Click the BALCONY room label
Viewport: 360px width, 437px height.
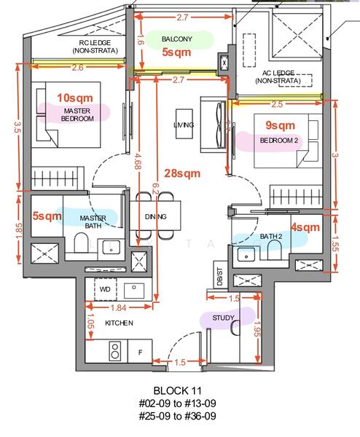coord(177,39)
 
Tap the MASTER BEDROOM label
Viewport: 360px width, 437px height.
coord(77,114)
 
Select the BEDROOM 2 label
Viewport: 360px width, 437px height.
coord(279,140)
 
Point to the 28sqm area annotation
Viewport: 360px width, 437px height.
coord(182,173)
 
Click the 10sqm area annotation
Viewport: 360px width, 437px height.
coord(75,98)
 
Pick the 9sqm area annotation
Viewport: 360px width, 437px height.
coord(280,125)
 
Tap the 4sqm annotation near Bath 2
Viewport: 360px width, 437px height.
coord(305,227)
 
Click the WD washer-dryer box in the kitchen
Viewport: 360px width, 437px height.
coord(105,289)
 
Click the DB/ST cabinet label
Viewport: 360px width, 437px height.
coord(220,277)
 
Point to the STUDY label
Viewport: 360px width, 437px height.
coord(223,318)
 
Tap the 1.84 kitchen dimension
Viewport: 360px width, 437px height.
coord(119,307)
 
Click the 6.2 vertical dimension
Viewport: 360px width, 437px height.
coord(156,192)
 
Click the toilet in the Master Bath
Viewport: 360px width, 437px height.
coord(81,243)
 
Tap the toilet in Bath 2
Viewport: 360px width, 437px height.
coord(274,249)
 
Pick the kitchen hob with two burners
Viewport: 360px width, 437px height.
coord(114,351)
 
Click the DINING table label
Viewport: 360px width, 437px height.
coord(156,216)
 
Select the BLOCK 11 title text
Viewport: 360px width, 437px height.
coord(178,390)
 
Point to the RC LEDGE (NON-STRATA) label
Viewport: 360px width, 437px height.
coord(95,47)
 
